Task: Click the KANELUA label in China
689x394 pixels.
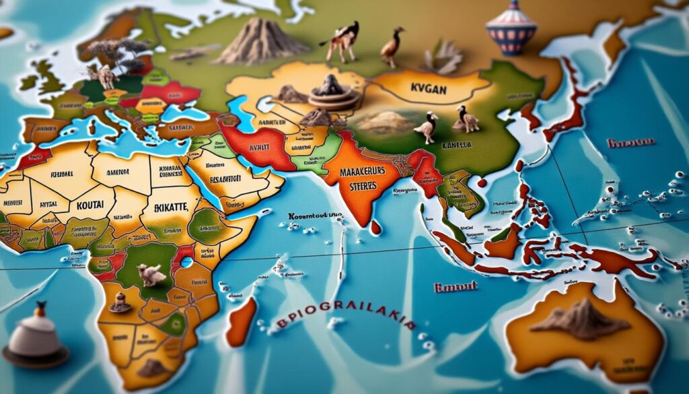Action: tap(456, 144)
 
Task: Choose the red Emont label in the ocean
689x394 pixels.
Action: tap(456, 286)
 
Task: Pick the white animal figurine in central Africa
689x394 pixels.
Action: tap(150, 273)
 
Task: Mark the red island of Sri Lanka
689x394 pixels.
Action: tap(375, 228)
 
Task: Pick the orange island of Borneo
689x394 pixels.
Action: tap(503, 242)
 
